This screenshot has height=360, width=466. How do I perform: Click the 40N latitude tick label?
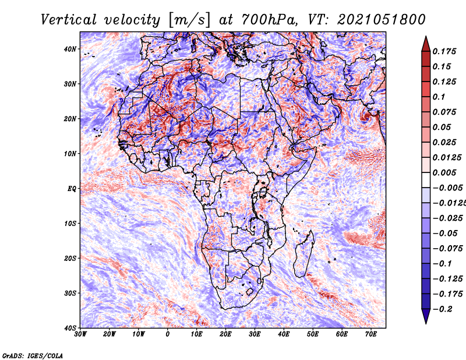[70, 49]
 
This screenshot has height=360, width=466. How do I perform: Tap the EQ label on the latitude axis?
[72, 189]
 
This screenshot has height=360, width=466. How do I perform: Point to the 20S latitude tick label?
[70, 258]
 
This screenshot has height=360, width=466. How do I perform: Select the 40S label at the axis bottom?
[70, 328]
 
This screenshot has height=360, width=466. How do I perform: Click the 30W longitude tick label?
[80, 334]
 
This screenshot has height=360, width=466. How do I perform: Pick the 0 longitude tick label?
[168, 334]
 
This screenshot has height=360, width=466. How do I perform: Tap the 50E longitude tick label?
[313, 334]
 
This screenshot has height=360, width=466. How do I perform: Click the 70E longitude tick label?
[371, 334]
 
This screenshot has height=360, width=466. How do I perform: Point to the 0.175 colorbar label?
[444, 51]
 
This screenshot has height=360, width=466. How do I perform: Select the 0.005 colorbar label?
[444, 172]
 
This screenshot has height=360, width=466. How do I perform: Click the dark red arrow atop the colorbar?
[426, 44]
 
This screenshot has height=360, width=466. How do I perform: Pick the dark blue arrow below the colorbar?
[426, 316]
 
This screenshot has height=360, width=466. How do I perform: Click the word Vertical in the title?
[69, 20]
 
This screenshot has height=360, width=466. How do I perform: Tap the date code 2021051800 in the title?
[382, 20]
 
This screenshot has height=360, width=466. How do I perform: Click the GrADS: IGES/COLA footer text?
[33, 356]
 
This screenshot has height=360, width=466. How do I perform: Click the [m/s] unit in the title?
[190, 20]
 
